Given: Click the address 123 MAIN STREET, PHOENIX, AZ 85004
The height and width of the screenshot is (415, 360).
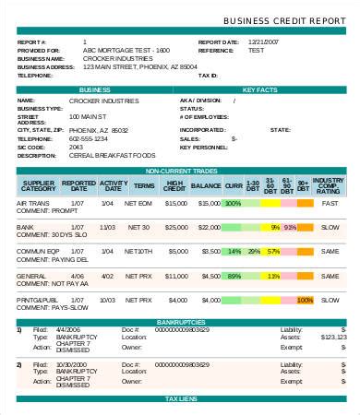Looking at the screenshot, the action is point(138,67).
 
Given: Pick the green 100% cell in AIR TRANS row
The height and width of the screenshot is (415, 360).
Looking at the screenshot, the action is point(234,203).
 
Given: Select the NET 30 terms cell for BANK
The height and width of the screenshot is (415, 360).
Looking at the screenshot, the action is point(139,227).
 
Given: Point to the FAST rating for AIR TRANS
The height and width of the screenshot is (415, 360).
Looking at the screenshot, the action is point(330,203).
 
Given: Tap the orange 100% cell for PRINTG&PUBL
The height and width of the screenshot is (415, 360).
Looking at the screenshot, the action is point(305,300).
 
